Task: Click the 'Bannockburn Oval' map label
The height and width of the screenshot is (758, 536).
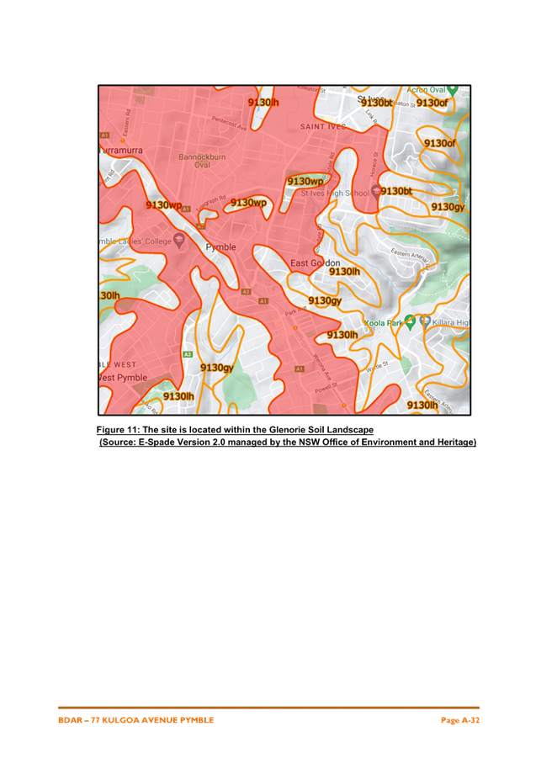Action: [202, 161]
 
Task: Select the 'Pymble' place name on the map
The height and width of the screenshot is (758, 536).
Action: [221, 247]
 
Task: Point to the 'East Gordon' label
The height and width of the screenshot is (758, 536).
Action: [315, 263]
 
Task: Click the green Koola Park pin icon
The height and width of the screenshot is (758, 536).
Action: [410, 321]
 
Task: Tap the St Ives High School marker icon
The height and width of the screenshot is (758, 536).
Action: [375, 192]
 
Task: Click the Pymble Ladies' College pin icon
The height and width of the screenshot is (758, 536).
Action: [178, 241]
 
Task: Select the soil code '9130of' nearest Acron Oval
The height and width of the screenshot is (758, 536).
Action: [432, 103]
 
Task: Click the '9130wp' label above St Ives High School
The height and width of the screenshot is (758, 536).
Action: [305, 182]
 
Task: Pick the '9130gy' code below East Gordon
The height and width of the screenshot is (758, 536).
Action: [324, 301]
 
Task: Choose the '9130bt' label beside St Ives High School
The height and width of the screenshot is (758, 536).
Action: [395, 192]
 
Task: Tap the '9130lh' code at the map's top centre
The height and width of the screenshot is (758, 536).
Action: [263, 102]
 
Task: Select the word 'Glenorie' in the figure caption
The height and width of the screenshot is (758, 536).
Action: [287, 430]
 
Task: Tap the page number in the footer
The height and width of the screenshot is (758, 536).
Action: [460, 720]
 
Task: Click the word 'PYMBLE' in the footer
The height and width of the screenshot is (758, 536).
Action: [194, 720]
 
